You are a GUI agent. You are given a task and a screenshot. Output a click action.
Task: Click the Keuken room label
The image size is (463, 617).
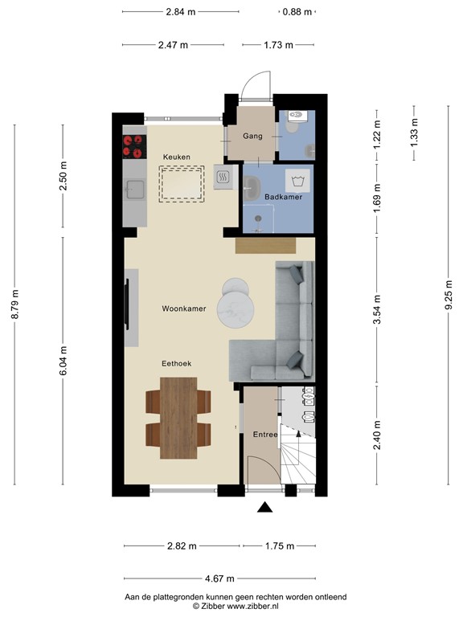coord(176,156)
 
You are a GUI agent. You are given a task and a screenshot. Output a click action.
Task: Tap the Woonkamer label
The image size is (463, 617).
coord(184,308)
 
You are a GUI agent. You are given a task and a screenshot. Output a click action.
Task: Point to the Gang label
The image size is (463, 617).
coord(252,137)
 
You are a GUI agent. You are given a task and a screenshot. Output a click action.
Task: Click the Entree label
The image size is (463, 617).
coord(264,435)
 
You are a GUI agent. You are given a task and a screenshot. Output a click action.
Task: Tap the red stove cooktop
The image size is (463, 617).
coord(133,146)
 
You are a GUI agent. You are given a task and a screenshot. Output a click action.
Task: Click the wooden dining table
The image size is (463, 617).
coord(178,417)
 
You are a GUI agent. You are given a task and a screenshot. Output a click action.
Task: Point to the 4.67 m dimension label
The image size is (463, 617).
coord(219,578)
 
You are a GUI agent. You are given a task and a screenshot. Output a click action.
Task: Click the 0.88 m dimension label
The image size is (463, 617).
coord(297,12)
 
